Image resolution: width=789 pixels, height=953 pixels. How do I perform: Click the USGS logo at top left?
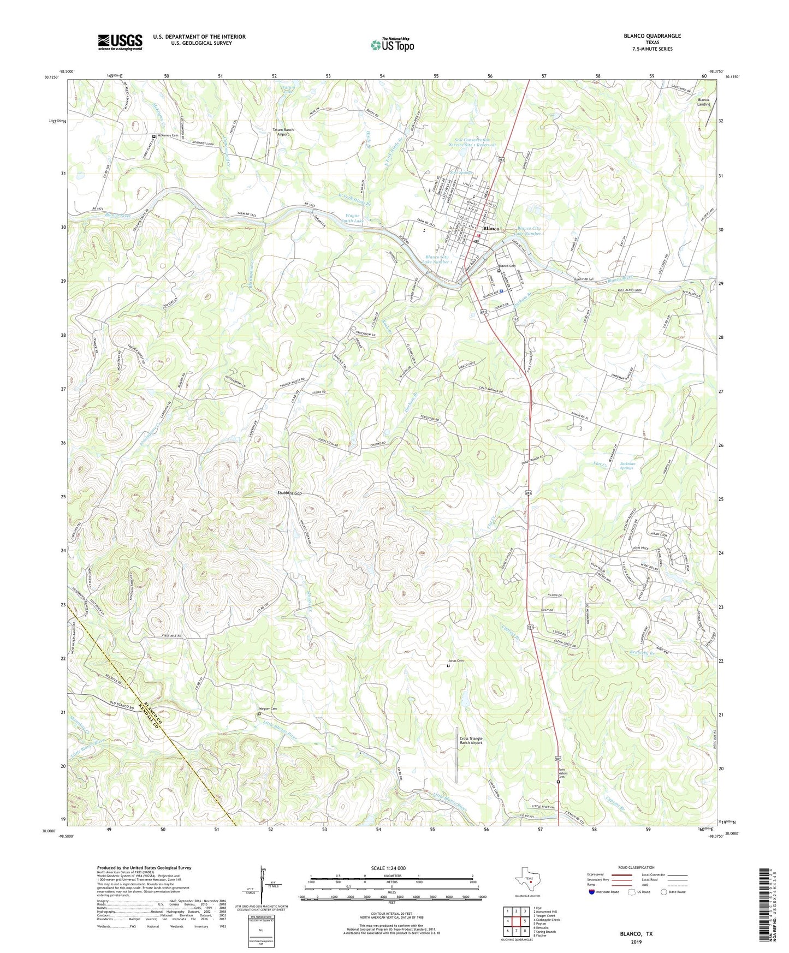pos(120,41)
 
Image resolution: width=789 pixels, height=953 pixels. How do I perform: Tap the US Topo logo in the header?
pos(392,45)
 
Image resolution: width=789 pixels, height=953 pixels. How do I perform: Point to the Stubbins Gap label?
pos(288,493)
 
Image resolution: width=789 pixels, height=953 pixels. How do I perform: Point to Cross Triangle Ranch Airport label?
pos(471,741)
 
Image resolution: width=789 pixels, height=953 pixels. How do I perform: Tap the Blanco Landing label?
pos(704,102)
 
